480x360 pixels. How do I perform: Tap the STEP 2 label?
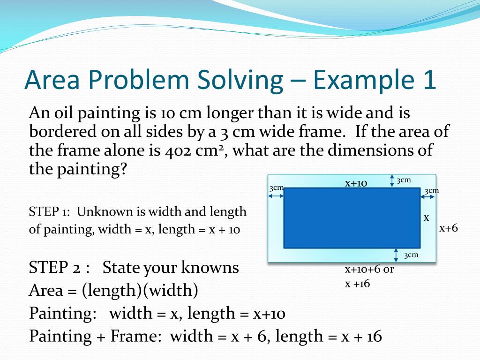[59, 268]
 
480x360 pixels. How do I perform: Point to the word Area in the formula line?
[46, 291]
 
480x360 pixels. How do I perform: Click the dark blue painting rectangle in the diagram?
[352, 218]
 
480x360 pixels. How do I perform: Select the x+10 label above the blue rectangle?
[356, 183]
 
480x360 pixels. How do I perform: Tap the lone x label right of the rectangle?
[427, 217]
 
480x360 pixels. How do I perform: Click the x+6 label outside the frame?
[448, 228]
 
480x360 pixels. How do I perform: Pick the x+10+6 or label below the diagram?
[369, 270]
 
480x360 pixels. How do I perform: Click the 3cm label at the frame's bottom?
[411, 255]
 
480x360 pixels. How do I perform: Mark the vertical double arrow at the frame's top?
[392, 181]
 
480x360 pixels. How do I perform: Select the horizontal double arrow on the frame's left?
[276, 196]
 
